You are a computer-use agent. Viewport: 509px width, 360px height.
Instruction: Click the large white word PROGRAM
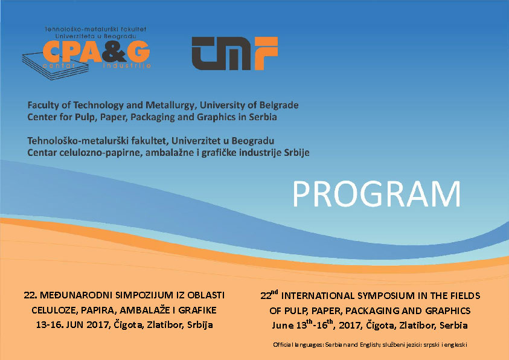click(377, 194)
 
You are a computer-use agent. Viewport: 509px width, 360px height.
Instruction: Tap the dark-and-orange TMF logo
click(235, 53)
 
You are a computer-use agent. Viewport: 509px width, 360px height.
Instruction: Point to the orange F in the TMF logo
click(266, 53)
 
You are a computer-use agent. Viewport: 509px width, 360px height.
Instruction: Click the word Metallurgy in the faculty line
click(171, 106)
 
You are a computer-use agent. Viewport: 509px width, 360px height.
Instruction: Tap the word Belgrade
click(278, 105)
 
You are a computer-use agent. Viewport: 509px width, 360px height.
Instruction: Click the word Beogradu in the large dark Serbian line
click(253, 141)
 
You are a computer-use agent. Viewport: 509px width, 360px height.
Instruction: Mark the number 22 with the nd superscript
click(269, 295)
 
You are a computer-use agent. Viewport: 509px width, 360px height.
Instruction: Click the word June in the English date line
click(283, 325)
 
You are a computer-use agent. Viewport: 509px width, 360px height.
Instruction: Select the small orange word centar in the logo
click(59, 66)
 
